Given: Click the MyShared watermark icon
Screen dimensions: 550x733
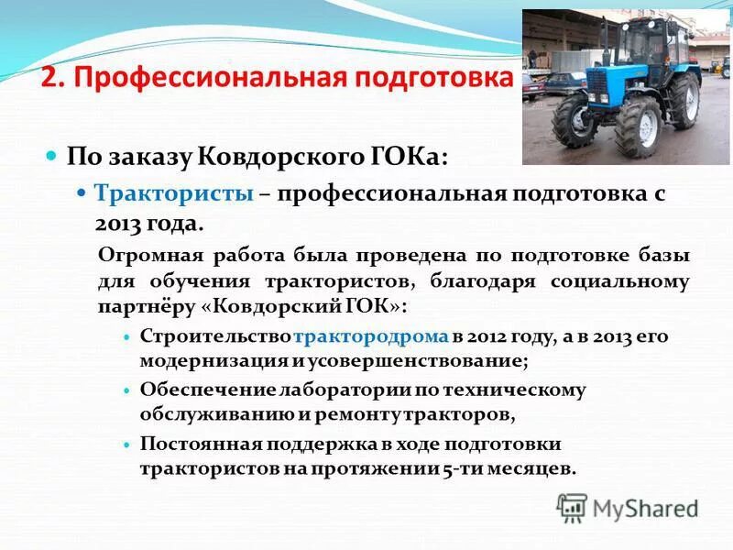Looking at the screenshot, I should [x=572, y=508].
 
